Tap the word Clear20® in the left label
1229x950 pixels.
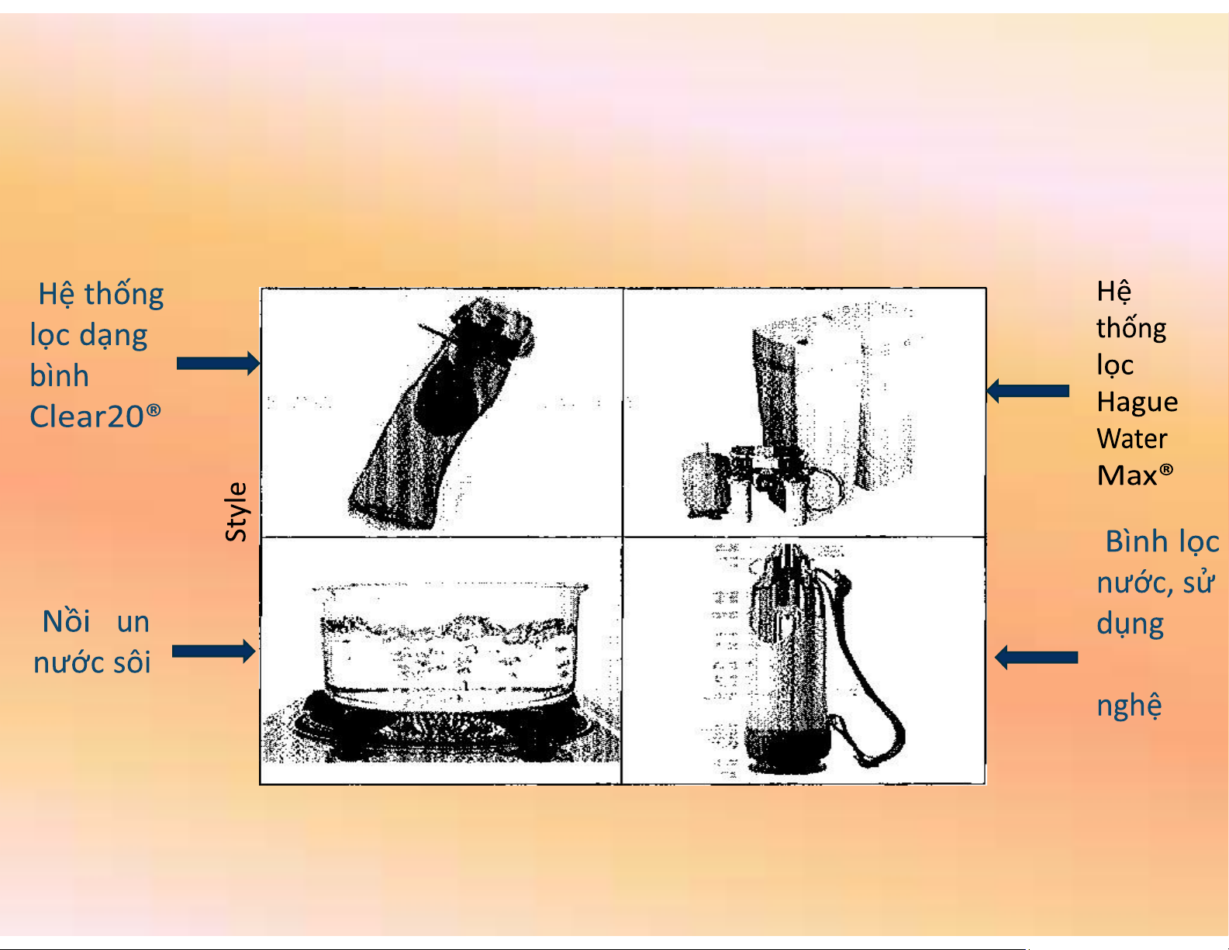point(95,416)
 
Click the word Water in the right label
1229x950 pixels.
point(1132,439)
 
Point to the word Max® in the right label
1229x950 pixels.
point(1134,475)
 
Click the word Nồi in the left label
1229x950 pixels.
point(66,621)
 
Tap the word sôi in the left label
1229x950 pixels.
point(132,662)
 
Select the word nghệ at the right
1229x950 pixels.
point(1129,706)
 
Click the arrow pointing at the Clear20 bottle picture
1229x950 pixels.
point(219,363)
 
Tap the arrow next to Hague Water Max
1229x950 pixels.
point(1027,391)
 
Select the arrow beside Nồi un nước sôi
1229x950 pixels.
point(214,651)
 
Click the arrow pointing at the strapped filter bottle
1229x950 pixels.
point(1036,658)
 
